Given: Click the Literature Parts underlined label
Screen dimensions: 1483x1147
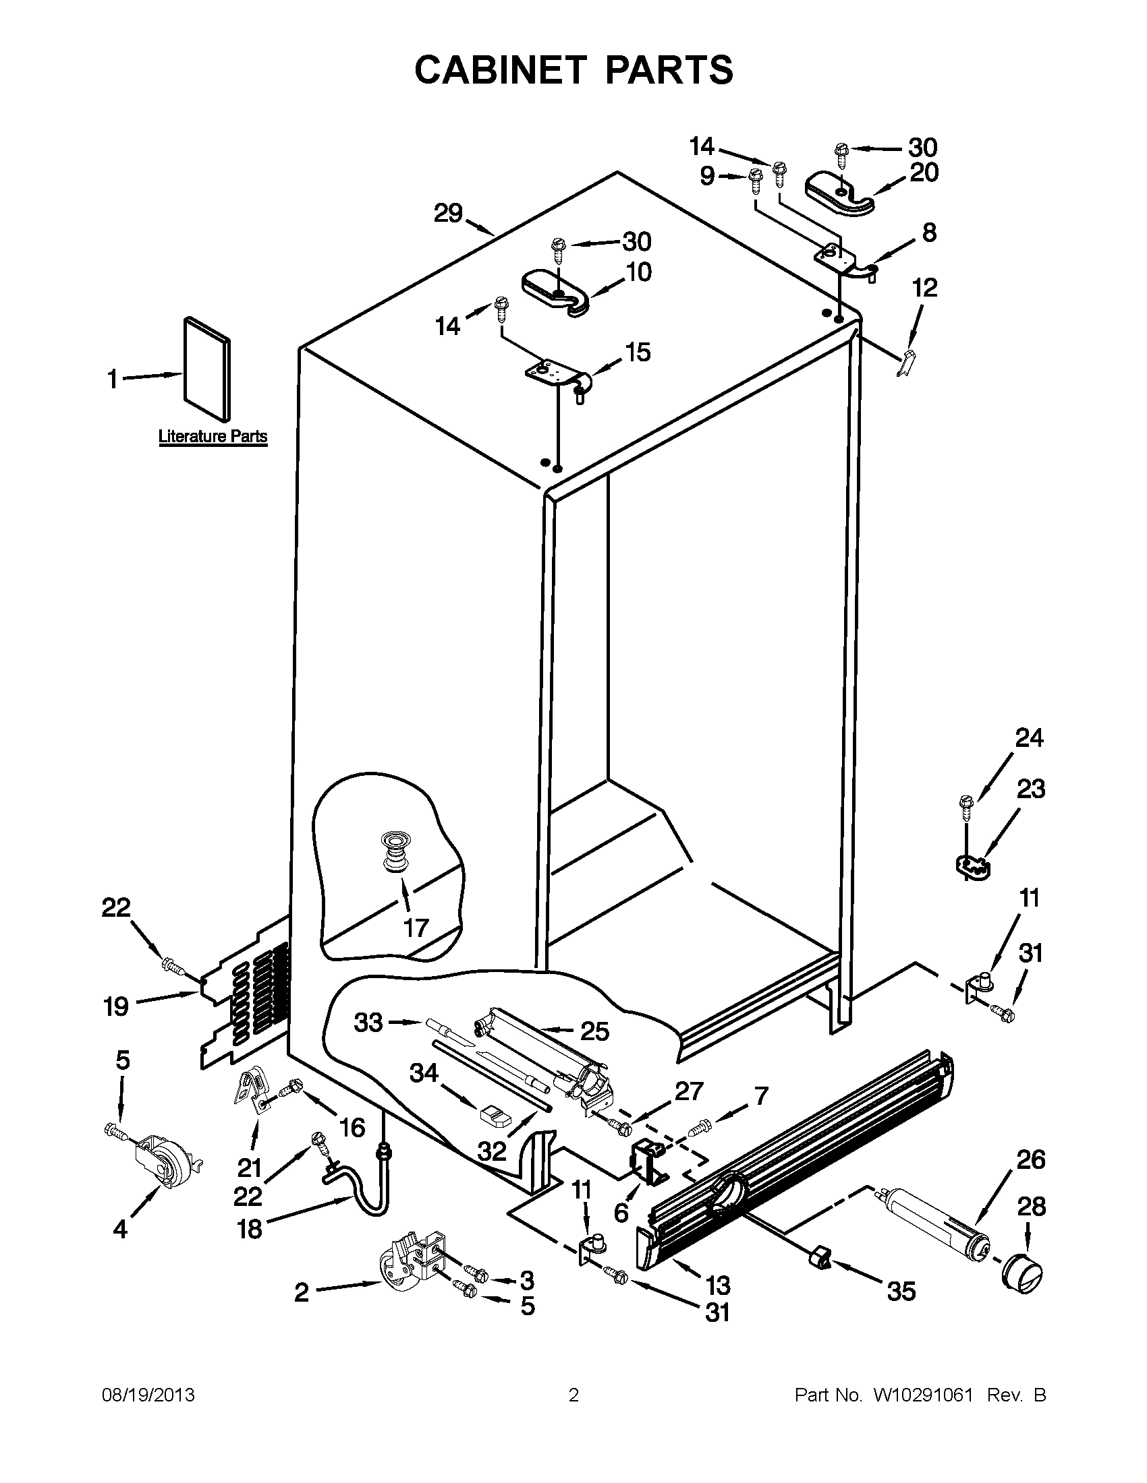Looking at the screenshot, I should coord(213,437).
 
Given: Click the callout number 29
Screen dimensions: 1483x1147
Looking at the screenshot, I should coord(449,213).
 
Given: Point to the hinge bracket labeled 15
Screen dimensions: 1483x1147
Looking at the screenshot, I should coord(560,376).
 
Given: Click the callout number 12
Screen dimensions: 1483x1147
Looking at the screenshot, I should coord(924,288).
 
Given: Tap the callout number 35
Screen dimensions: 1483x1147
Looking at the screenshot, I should coord(901,1291).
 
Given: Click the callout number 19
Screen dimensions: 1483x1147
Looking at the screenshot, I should coord(116,1006).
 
